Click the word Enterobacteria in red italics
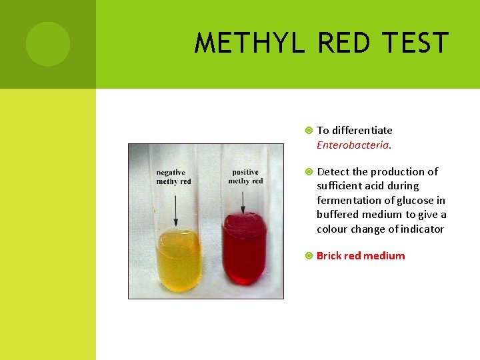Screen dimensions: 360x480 [353, 145]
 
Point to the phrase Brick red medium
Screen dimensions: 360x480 [361, 256]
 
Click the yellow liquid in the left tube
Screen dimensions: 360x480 [178, 260]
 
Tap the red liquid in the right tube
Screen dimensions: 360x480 [245, 247]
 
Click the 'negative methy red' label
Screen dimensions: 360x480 [173, 177]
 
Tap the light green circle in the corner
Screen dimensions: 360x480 [48, 44]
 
